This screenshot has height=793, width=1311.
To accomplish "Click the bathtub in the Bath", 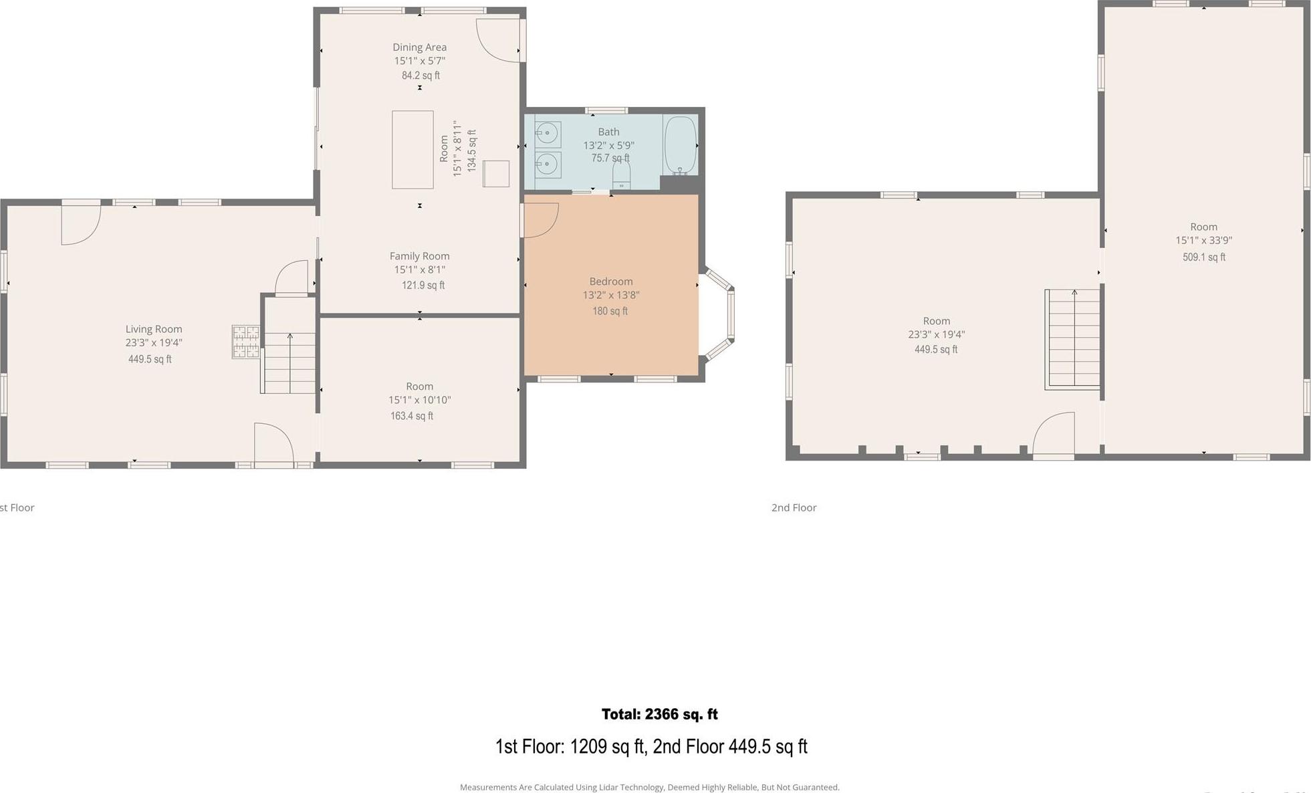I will click(x=680, y=145).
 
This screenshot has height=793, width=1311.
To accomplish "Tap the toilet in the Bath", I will click(x=621, y=175).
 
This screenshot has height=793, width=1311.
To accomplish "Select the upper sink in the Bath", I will click(x=548, y=134).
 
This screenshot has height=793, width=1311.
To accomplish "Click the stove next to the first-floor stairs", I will click(x=245, y=342).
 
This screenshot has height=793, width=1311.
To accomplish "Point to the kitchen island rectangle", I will click(x=412, y=150).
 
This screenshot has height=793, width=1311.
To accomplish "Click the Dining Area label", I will click(x=419, y=47).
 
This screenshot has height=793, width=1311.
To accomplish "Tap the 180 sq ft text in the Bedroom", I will click(x=610, y=311).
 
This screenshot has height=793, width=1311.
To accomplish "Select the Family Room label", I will click(x=419, y=256).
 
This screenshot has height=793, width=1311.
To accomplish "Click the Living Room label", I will click(x=154, y=329).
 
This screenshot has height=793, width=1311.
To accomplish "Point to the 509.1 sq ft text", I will click(x=1203, y=257).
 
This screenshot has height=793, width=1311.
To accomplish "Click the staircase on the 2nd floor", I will click(x=1073, y=339).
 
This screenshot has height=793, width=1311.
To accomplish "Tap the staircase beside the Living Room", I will click(x=289, y=363).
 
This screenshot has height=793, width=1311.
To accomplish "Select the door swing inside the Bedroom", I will click(x=540, y=220).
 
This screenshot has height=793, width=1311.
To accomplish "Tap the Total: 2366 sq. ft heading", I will click(x=659, y=714).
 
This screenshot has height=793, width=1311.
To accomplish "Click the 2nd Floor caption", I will click(x=794, y=507).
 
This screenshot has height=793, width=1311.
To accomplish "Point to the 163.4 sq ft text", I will click(x=412, y=416).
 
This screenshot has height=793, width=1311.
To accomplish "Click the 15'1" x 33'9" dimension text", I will click(x=1203, y=241).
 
